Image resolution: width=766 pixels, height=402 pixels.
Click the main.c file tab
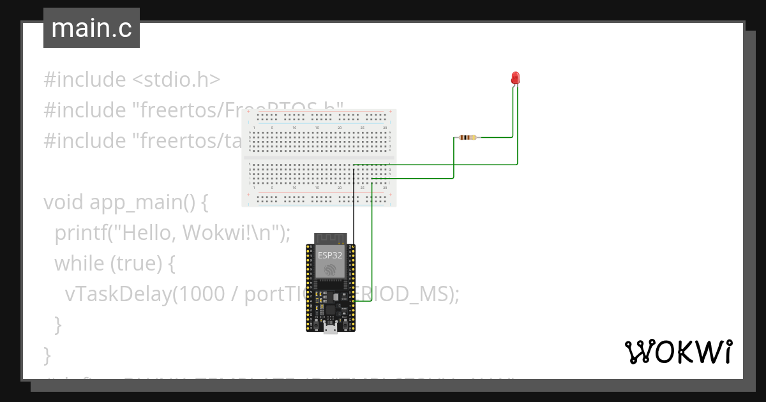click(91, 28)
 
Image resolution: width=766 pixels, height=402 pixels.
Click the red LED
click(516, 78)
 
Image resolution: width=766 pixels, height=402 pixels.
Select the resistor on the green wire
click(467, 137)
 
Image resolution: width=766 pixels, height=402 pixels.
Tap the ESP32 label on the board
click(329, 255)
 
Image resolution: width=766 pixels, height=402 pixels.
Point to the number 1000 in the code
click(199, 294)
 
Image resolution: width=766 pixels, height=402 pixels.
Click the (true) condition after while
click(130, 264)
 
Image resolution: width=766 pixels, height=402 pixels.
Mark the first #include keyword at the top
click(84, 80)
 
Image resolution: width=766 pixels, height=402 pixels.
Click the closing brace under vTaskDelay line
click(58, 324)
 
